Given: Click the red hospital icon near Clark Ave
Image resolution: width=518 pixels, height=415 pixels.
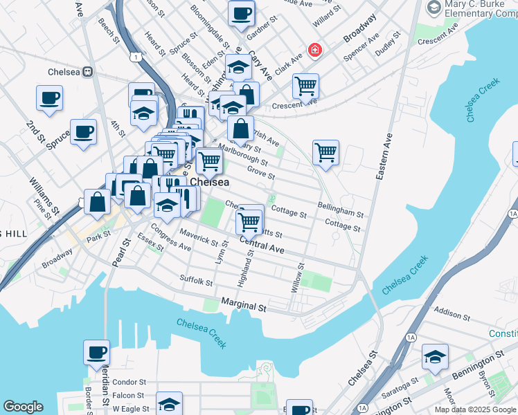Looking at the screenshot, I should coord(315,50).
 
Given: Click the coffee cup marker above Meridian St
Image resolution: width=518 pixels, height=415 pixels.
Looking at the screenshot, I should coord(96,352).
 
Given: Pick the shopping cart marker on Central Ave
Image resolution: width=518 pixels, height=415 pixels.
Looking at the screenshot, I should coord(249,222).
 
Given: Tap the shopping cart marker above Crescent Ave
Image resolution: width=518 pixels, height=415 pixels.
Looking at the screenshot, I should coord(305,86).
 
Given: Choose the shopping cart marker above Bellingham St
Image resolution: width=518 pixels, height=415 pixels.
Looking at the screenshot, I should coord(325,152).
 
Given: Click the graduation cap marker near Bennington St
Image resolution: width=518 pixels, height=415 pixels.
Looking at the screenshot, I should coord(435,356).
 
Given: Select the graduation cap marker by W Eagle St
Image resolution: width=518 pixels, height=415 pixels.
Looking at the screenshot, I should coord(168,404).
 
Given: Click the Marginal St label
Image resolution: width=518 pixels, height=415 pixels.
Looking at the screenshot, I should coord(244,304).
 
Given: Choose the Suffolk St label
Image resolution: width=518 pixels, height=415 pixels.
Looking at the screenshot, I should coord(196,282).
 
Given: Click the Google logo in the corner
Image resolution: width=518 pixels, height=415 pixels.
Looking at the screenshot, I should coord(24,407).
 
